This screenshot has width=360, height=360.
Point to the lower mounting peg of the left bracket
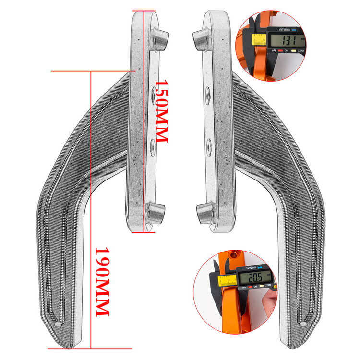[155, 213]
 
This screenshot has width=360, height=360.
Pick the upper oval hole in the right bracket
[207, 95]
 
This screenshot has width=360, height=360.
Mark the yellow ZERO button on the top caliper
[301, 50]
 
